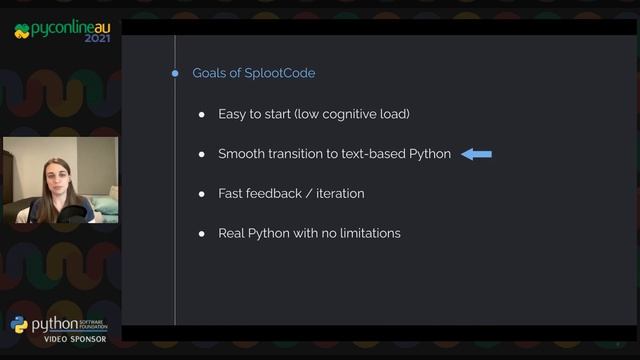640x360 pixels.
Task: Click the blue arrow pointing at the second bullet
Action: coord(476,154)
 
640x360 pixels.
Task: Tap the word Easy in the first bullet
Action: coord(234,114)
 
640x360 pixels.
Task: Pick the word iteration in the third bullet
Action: coord(340,193)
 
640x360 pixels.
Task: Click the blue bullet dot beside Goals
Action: coord(175,73)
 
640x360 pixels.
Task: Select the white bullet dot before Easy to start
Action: coord(202,114)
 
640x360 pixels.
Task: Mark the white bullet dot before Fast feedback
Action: coord(202,193)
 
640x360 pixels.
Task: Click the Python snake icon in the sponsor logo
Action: coord(20,325)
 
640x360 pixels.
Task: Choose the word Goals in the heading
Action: coord(210,74)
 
